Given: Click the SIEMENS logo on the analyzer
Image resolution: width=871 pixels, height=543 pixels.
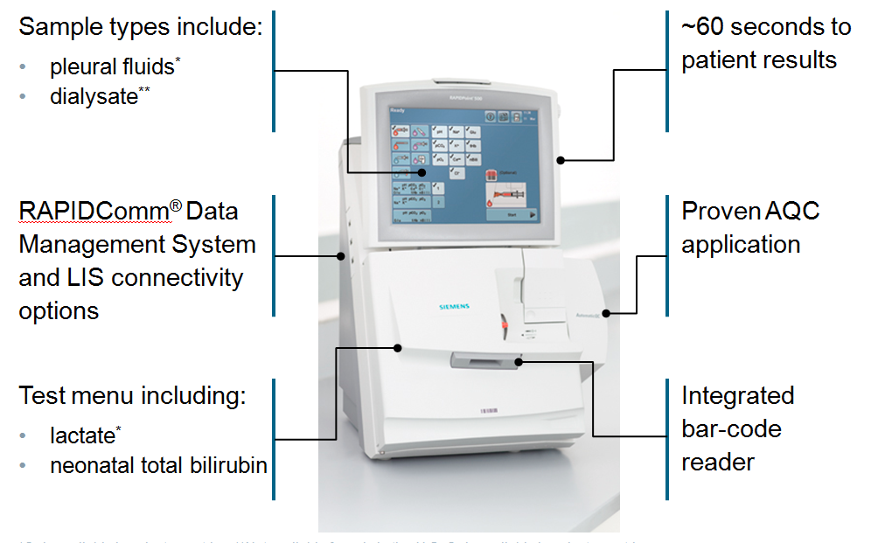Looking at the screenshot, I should click(x=454, y=306).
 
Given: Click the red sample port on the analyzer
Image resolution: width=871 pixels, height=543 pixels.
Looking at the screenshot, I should click(x=505, y=326).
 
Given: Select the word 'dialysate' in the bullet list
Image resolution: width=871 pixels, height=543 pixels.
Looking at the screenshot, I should click(x=94, y=96).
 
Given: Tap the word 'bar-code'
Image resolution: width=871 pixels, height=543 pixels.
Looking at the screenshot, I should click(x=731, y=428).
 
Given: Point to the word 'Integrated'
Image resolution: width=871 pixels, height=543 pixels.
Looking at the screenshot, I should click(x=737, y=395).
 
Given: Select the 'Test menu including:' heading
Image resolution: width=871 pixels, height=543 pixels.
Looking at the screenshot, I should click(x=132, y=395).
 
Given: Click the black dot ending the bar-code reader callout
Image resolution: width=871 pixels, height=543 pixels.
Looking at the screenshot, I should click(x=519, y=360).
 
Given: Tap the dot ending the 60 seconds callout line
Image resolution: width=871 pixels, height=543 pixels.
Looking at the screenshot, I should click(x=561, y=160).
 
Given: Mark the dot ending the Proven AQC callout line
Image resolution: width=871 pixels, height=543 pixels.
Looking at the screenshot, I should click(x=605, y=312).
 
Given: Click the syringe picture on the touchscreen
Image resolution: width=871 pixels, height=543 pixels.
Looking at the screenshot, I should click(x=510, y=193).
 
